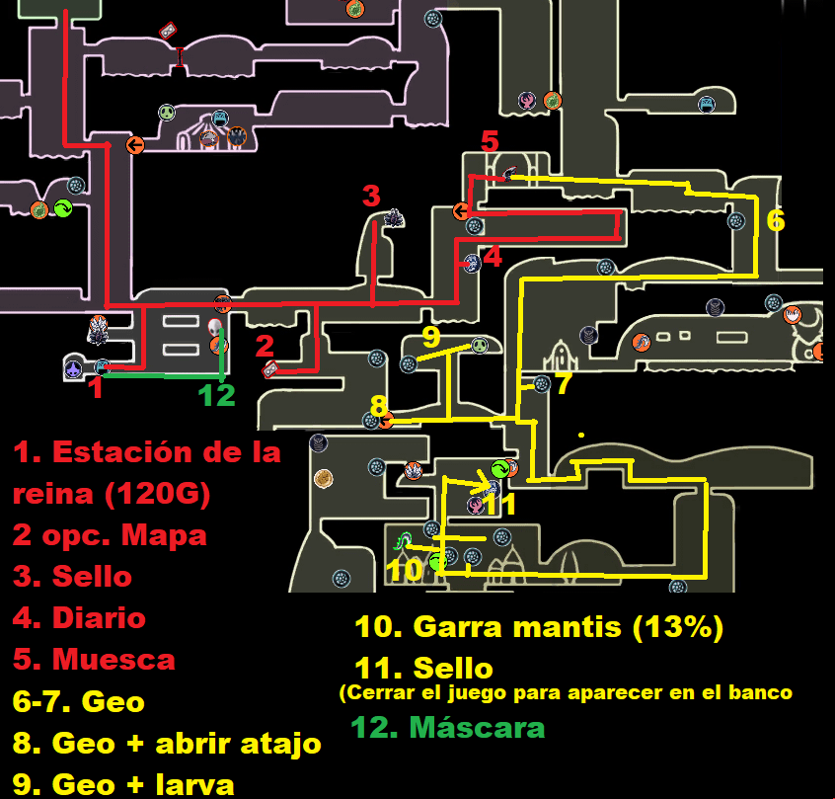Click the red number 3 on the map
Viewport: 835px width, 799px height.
point(371,196)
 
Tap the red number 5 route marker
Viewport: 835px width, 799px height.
point(490,142)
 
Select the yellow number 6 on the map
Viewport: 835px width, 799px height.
point(776,220)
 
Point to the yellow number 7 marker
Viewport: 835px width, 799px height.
point(564,383)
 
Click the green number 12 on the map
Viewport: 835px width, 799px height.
point(216,395)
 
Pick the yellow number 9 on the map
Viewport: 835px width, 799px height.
point(431,337)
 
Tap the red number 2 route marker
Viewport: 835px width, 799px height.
point(265,346)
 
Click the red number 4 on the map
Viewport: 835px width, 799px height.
point(493,257)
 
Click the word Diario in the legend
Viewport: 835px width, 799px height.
point(99,618)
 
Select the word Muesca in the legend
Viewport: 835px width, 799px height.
point(114,660)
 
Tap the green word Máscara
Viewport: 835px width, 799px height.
point(477,728)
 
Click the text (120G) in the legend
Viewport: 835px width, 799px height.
point(157,494)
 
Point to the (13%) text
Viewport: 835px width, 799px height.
point(678,627)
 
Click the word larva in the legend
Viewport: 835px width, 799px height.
point(194,784)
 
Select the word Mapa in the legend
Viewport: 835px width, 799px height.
point(164,535)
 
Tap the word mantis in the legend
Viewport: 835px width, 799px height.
point(568,627)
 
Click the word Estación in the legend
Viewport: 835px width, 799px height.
point(122,452)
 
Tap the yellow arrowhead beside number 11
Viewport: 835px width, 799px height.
point(487,484)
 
